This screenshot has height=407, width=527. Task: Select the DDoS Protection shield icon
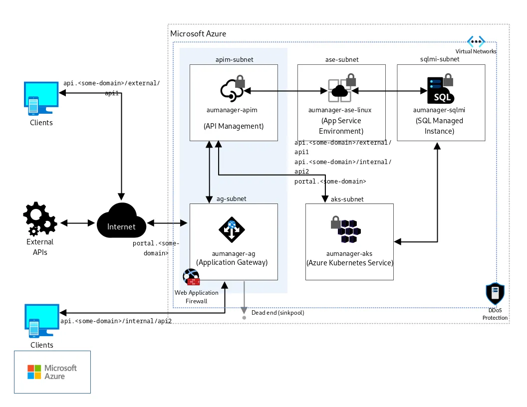(x=495, y=294)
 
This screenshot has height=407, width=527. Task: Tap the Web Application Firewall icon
(x=191, y=277)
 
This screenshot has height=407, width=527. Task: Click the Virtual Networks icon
(x=476, y=41)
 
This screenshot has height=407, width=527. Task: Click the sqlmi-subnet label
(x=439, y=59)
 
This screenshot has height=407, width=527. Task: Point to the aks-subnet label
(x=347, y=199)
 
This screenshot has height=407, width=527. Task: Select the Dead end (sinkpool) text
(x=277, y=313)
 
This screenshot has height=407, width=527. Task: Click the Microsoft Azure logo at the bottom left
(x=52, y=372)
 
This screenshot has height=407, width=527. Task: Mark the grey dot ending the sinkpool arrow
(x=244, y=318)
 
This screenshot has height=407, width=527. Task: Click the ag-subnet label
(x=231, y=199)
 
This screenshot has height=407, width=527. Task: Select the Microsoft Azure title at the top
(x=198, y=34)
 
